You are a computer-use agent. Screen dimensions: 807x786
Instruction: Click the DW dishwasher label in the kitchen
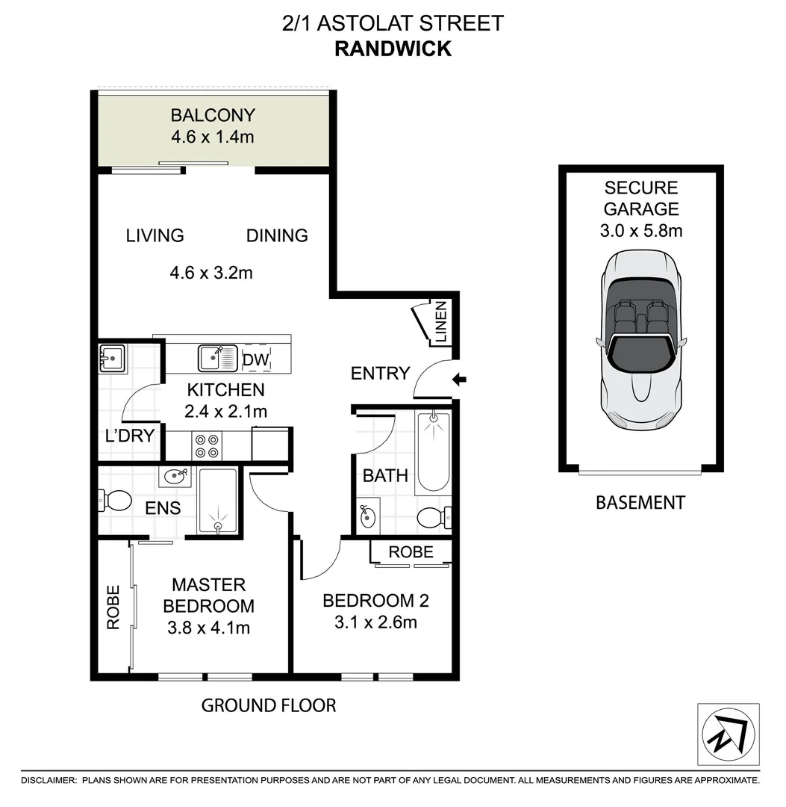[x=255, y=360]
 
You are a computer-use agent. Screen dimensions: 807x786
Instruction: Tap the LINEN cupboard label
[x=440, y=322]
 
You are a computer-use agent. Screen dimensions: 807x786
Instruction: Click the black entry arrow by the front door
[x=460, y=380]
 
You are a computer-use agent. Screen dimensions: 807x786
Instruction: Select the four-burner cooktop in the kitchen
[x=207, y=446]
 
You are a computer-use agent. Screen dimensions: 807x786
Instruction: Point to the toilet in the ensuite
[x=114, y=500]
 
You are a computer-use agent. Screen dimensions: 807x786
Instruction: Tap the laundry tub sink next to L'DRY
[x=113, y=358]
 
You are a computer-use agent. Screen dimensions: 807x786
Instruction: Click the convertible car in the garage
[x=641, y=341]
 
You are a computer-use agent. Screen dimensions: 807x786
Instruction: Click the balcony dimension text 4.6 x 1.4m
[x=213, y=137]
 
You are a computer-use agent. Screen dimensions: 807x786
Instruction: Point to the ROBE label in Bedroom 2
[x=411, y=552]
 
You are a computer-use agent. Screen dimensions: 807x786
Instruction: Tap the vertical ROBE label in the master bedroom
[x=113, y=607]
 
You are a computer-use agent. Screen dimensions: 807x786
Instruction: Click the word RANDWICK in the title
[x=393, y=49]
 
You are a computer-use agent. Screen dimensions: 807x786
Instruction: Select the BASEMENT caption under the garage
[x=640, y=503]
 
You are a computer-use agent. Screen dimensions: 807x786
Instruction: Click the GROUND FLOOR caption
[x=269, y=705]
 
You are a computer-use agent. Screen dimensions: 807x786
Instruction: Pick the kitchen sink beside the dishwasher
[x=216, y=358]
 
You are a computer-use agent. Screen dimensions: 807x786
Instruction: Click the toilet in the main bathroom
[x=432, y=516]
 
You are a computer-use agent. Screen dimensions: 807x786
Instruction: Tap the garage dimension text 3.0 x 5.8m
[x=640, y=231]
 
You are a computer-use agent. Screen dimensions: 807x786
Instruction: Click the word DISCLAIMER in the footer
[x=49, y=780]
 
